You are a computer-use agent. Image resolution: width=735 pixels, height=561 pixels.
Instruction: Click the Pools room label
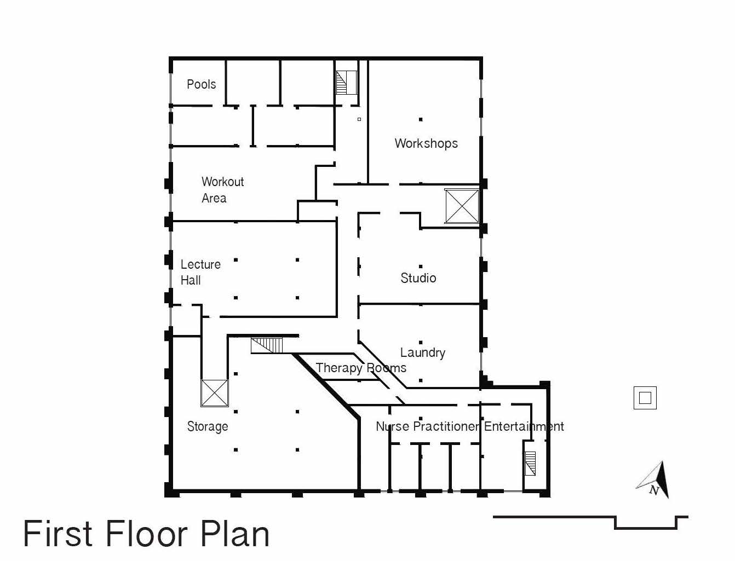pyautogui.click(x=201, y=84)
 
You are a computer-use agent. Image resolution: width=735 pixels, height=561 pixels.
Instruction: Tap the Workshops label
pyautogui.click(x=426, y=143)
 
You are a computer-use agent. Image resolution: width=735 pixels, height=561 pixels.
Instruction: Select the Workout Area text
pyautogui.click(x=223, y=190)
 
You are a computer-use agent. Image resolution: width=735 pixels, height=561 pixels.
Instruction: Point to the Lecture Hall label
pyautogui.click(x=200, y=272)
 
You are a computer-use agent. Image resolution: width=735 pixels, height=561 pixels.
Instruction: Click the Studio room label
pyautogui.click(x=418, y=278)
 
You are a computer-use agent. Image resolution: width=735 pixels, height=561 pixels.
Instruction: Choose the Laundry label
pyautogui.click(x=423, y=352)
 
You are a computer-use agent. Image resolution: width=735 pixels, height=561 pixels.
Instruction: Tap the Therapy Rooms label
pyautogui.click(x=361, y=368)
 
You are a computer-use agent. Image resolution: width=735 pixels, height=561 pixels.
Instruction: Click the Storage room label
pyautogui.click(x=207, y=426)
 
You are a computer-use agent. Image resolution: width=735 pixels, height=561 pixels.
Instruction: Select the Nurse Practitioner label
pyautogui.click(x=427, y=426)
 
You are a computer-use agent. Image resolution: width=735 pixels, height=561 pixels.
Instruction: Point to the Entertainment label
pyautogui.click(x=524, y=426)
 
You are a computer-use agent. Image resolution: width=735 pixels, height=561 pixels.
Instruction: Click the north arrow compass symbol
pyautogui.click(x=653, y=480)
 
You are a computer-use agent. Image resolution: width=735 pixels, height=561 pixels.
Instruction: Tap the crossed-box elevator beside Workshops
pyautogui.click(x=462, y=206)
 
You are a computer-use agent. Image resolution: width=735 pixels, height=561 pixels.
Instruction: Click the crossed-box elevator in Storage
pyautogui.click(x=215, y=393)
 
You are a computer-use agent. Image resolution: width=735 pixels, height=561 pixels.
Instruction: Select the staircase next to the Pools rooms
pyautogui.click(x=346, y=83)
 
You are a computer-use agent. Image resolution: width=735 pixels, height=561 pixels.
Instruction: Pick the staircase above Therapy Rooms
pyautogui.click(x=267, y=345)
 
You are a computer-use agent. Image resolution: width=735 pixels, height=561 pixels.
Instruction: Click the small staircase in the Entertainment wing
pyautogui.click(x=530, y=464)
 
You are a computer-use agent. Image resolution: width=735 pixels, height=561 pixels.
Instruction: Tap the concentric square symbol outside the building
pyautogui.click(x=645, y=398)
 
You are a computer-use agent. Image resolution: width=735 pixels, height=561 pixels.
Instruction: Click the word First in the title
pyautogui.click(x=58, y=534)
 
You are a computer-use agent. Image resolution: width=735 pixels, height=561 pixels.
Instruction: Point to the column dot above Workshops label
pyautogui.click(x=421, y=119)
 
